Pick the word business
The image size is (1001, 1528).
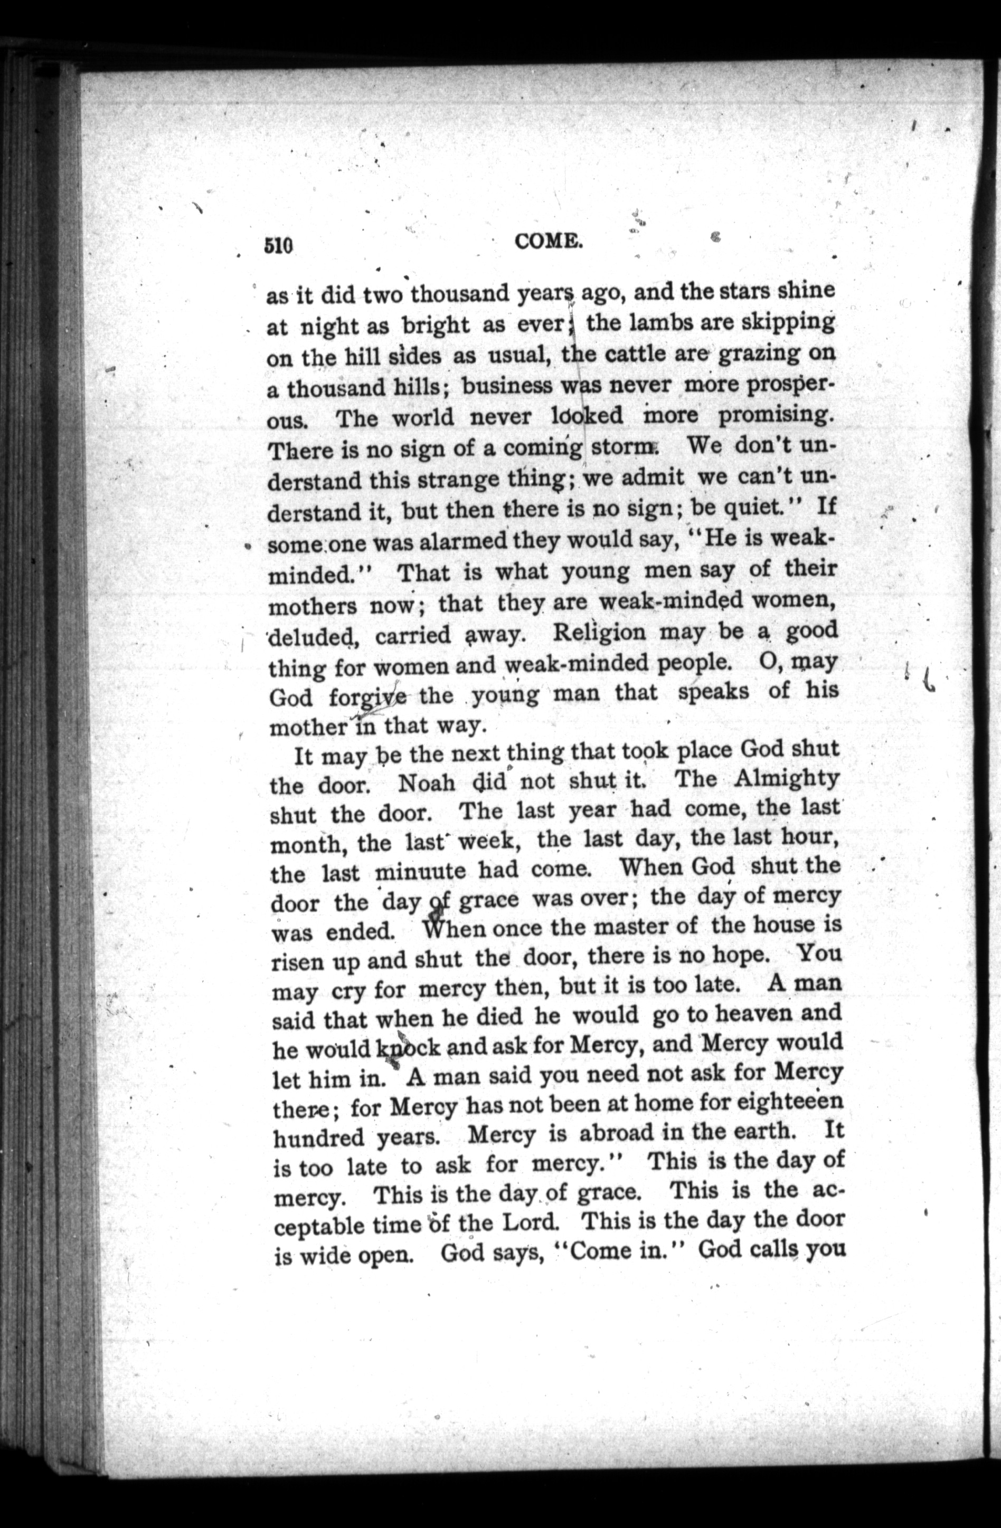[x=507, y=387]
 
